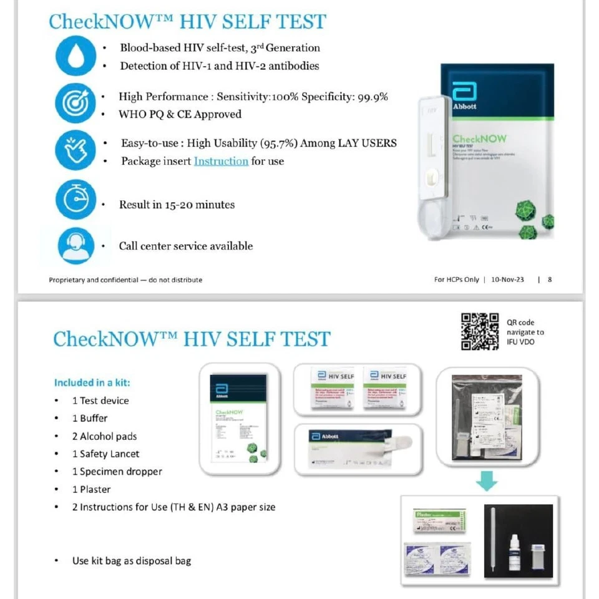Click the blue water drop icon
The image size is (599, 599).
(75, 56)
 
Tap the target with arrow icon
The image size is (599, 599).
(75, 103)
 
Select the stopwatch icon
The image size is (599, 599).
(75, 199)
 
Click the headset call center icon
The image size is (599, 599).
(75, 246)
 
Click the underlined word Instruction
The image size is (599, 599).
(221, 161)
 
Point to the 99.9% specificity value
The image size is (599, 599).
(373, 97)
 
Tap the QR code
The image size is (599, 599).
(479, 331)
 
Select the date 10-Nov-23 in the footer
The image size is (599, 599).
(507, 280)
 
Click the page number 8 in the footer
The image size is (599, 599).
(550, 280)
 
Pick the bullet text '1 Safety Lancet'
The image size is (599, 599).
(105, 454)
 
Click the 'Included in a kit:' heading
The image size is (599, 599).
(92, 382)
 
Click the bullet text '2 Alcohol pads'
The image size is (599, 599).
(104, 436)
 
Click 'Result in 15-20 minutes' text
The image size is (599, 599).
(177, 205)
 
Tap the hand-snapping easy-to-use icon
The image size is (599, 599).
(75, 150)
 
